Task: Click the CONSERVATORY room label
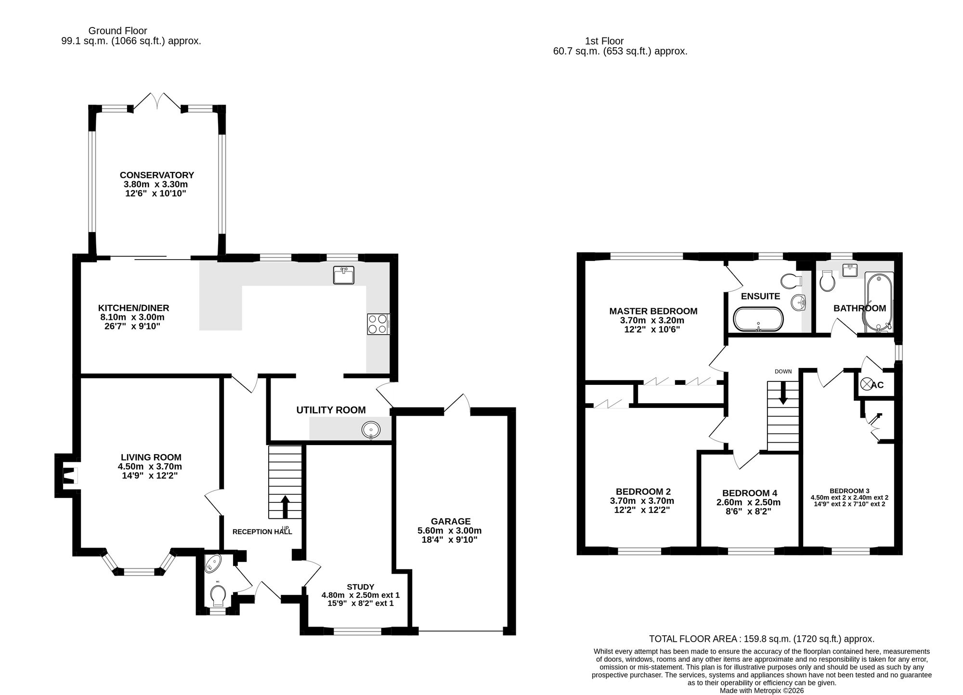pos(156,175)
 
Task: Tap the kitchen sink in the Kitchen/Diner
pos(343,275)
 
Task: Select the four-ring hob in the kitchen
pos(378,324)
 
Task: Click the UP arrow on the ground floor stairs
pos(284,506)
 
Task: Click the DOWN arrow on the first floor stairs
pos(783,393)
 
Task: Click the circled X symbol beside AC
pos(866,384)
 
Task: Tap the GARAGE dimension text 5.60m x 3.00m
pos(449,531)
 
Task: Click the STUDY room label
pos(360,587)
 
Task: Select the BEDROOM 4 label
pos(749,493)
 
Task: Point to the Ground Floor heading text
pos(117,31)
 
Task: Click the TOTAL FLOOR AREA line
pos(761,639)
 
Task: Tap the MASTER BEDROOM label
pos(653,311)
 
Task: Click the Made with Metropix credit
pos(761,690)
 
